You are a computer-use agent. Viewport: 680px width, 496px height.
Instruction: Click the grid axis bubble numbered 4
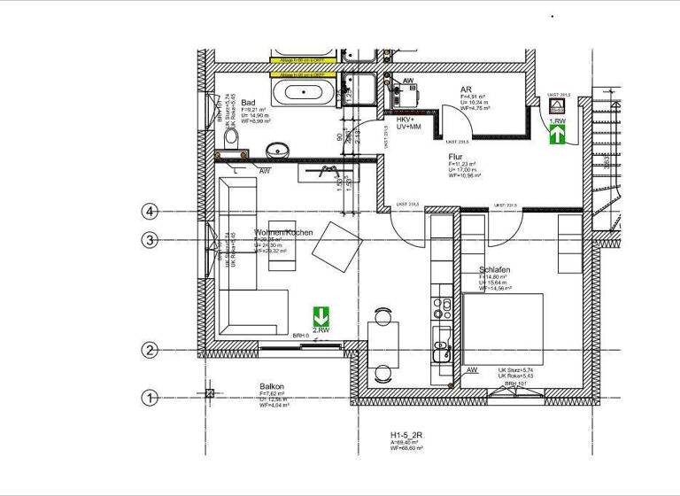coord(151,211)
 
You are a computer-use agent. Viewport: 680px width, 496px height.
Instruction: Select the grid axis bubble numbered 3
coord(151,240)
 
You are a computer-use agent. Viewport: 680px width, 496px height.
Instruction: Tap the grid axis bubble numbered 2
coord(151,351)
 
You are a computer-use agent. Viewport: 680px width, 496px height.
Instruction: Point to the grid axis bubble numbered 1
coord(151,398)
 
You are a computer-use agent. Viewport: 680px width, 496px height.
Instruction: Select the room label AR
coord(465,90)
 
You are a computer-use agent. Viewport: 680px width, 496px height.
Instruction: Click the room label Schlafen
coord(494,270)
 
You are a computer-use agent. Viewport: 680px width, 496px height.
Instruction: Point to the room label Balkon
coord(272,387)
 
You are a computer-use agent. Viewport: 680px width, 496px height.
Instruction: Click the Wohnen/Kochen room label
coord(283,232)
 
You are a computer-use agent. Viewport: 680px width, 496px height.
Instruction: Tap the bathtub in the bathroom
coord(305,92)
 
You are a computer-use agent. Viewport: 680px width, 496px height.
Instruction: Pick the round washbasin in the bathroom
coord(277,151)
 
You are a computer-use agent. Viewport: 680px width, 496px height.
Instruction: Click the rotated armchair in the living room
coord(337,244)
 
